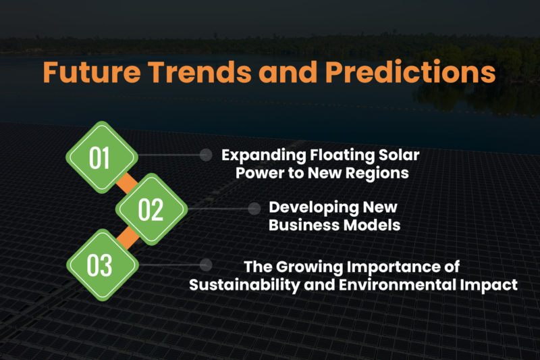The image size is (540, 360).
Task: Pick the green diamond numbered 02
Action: (151, 209)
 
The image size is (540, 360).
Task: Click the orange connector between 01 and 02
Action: (126, 183)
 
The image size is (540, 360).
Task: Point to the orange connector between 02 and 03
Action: (126, 237)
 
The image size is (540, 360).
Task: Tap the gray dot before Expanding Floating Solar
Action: (206, 155)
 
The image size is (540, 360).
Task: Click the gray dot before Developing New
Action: (254, 209)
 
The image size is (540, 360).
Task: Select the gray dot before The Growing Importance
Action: (206, 264)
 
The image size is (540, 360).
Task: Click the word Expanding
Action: (259, 155)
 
